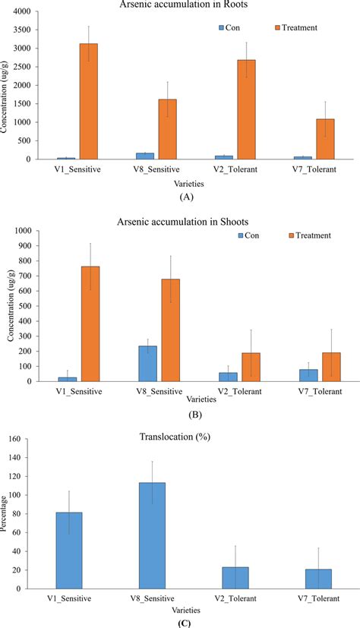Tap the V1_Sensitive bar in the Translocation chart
coord(69,551)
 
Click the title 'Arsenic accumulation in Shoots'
coord(190,221)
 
